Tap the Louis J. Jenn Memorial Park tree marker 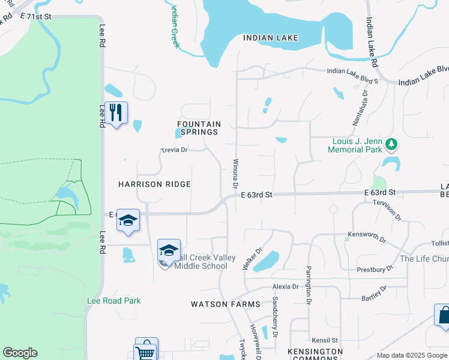click(391, 143)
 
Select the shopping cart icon click(146, 350)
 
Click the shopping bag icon click(444, 316)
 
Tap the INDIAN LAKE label click(271, 38)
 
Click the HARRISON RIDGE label click(154, 184)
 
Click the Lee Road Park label click(114, 301)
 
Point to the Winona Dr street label click(236, 173)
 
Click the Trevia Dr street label click(175, 150)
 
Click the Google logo click(20, 353)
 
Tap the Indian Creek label click(175, 26)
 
